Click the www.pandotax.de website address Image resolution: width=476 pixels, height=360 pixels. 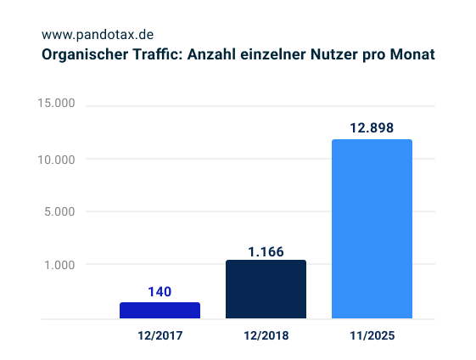98,35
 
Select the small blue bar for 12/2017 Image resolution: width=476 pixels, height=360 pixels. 160,311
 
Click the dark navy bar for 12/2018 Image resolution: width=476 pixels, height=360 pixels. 266,290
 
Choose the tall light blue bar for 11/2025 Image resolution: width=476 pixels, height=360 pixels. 372,229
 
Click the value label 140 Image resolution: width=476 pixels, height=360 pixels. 160,291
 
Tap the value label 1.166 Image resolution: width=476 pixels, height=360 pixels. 266,251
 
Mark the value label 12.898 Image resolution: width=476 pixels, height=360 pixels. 372,128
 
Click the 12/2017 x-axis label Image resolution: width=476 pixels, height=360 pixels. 160,335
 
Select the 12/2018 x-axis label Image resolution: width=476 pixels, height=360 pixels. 266,335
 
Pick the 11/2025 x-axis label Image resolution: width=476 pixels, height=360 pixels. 372,335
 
